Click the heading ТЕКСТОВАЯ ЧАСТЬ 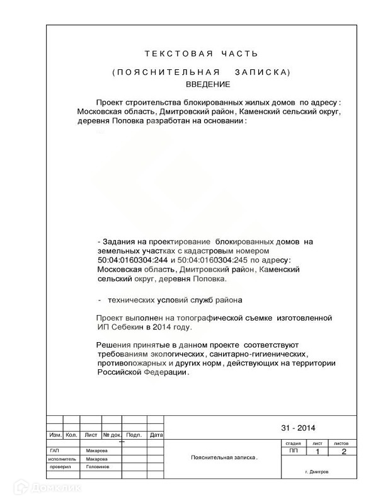click(x=201, y=54)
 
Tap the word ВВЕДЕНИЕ click(x=208, y=84)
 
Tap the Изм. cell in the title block click(x=55, y=435)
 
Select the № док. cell click(x=112, y=435)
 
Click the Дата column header click(x=156, y=435)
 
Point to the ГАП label click(x=55, y=451)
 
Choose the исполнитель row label click(x=61, y=459)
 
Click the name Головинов click(x=98, y=467)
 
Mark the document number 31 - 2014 click(x=298, y=428)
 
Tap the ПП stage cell click(x=294, y=451)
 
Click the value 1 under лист click(x=318, y=452)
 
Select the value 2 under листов click(x=343, y=452)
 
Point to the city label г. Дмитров click(x=316, y=472)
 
